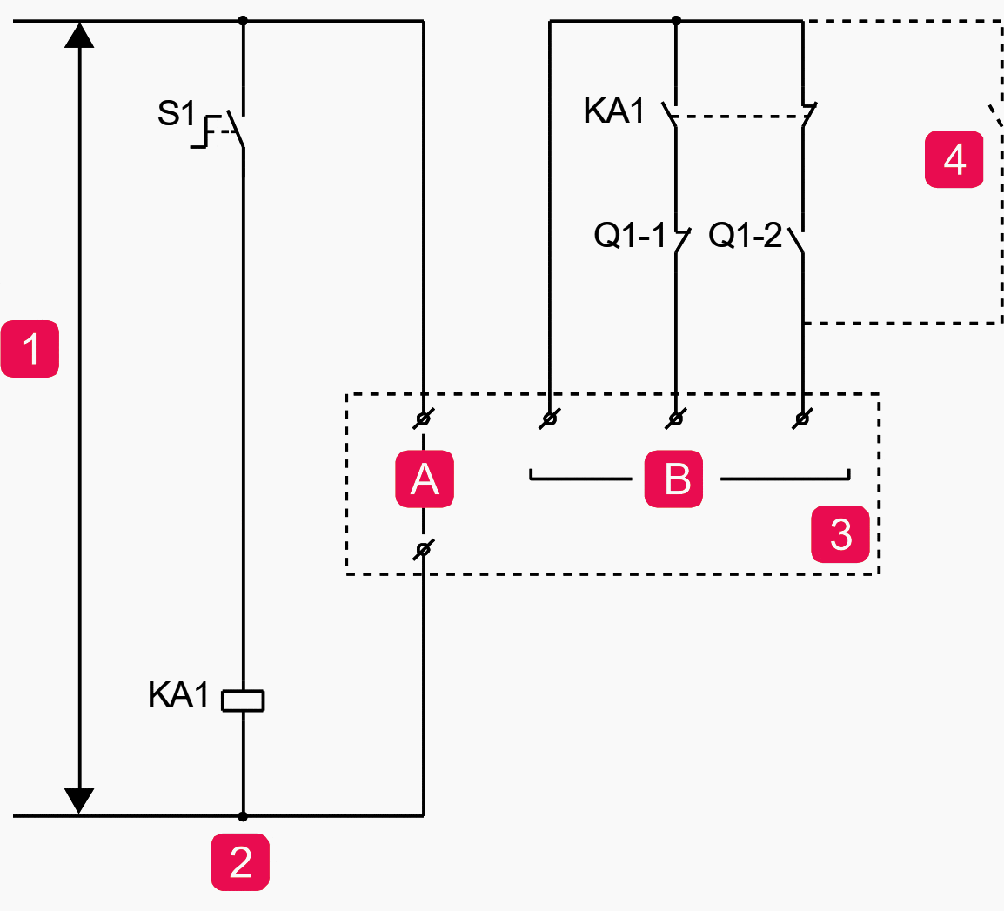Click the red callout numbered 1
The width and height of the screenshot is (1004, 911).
[30, 349]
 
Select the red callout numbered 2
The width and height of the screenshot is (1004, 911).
[240, 861]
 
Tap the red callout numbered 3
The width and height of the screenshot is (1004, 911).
[840, 533]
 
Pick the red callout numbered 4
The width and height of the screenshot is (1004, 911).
[954, 159]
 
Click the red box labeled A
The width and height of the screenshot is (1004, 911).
[425, 479]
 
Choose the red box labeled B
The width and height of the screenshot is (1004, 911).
[677, 479]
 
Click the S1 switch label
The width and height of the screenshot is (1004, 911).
[177, 114]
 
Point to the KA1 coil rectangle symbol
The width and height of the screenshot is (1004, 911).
[243, 700]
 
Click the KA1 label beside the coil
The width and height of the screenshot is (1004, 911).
[178, 695]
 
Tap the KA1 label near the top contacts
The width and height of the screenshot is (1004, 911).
[614, 111]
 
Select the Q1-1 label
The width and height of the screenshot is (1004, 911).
[629, 235]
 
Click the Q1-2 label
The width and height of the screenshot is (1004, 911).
[746, 235]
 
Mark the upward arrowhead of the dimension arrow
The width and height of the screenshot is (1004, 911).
[79, 35]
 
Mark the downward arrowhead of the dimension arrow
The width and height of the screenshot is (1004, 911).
[79, 800]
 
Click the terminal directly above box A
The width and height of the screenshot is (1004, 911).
[423, 419]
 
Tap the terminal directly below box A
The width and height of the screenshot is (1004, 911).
[423, 549]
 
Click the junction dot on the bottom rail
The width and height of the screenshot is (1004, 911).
[243, 816]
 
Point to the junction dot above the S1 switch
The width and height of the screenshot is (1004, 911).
[243, 20]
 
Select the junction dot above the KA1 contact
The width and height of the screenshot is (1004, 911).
[676, 20]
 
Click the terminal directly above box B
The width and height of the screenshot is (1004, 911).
[675, 419]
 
